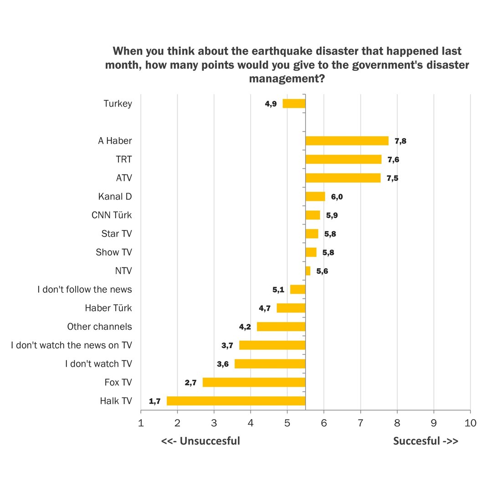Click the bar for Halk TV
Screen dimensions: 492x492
click(236, 401)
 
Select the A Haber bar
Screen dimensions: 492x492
click(347, 141)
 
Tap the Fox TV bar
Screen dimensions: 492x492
click(254, 382)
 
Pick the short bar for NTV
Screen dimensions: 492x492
click(308, 271)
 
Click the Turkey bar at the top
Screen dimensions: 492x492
click(294, 103)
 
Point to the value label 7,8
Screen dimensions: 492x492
click(400, 141)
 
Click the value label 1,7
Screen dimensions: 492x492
click(155, 401)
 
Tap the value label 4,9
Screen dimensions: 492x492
click(271, 104)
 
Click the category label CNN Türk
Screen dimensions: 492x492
click(112, 215)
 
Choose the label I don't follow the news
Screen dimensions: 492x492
click(85, 289)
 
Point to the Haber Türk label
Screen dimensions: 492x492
click(108, 308)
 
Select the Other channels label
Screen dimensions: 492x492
click(99, 327)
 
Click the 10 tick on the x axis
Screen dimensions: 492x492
click(470, 423)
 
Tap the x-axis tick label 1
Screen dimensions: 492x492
click(141, 423)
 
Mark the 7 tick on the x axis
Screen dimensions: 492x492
click(360, 423)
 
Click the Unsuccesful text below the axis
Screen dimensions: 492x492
click(200, 441)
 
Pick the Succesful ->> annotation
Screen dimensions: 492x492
click(425, 441)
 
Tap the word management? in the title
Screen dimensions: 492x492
click(287, 79)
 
